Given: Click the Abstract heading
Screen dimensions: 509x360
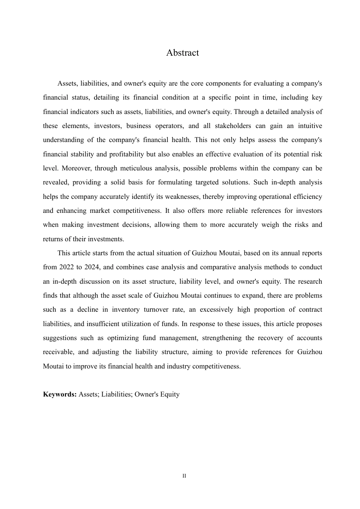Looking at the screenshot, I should (182, 53).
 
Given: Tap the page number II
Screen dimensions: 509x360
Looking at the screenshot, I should (184, 476).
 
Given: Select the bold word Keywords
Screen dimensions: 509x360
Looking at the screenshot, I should (60, 394).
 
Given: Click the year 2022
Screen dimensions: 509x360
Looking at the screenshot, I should (67, 267).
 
